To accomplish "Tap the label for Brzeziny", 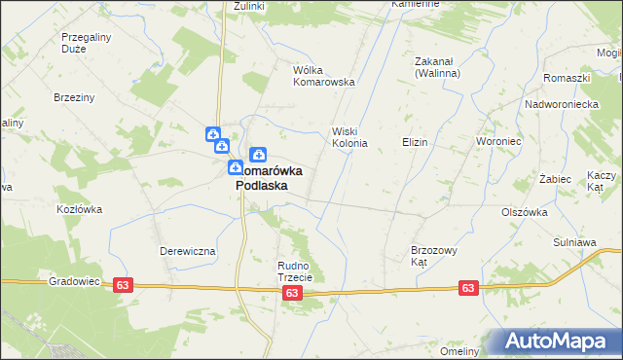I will (x=74, y=97).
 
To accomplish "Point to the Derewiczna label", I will (x=187, y=250).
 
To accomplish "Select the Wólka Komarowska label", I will (x=323, y=76).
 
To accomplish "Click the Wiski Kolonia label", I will (x=349, y=137).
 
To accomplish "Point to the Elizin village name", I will (x=415, y=142).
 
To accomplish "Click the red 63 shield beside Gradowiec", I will (x=123, y=285).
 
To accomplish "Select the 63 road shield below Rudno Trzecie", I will (x=292, y=292).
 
